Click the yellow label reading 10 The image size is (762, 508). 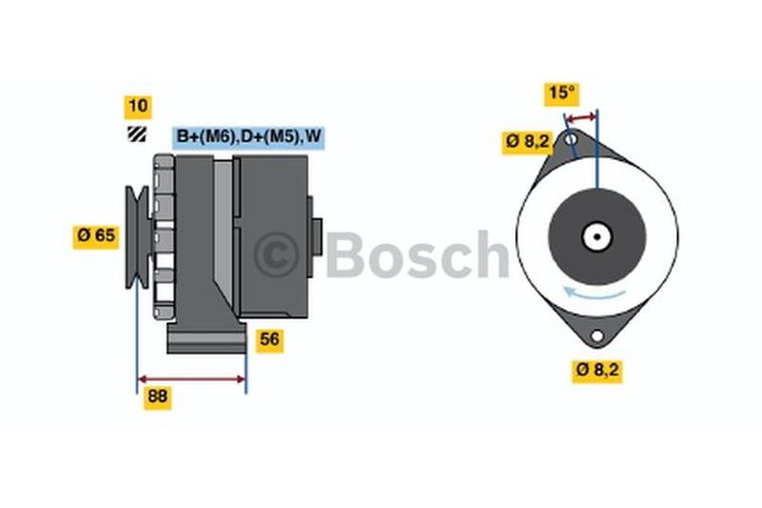pos(138,107)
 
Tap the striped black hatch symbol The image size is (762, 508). pos(136,134)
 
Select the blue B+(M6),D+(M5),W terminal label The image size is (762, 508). pos(249,137)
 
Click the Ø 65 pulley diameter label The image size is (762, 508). pos(96,236)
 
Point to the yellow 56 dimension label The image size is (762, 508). pos(270,340)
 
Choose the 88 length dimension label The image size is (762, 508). pos(157,397)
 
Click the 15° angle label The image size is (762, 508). pos(561,93)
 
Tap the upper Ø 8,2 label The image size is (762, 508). pos(528,142)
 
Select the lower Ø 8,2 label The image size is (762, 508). pos(597,371)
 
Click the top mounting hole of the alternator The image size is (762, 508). pos(571,139)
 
